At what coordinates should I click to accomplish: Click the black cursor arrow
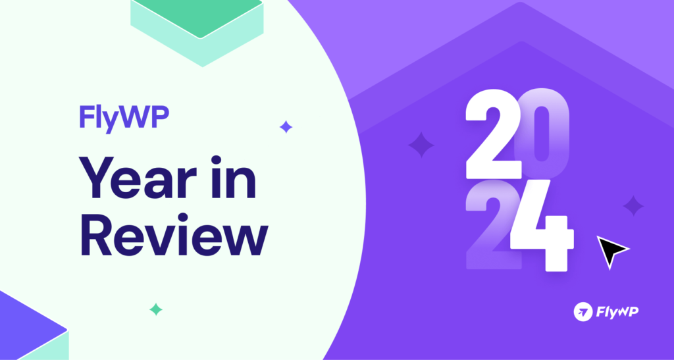[611, 251]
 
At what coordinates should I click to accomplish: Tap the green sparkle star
[156, 308]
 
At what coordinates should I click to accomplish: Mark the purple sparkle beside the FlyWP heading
[286, 127]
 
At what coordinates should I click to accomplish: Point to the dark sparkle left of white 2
[421, 144]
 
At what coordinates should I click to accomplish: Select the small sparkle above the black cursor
[633, 206]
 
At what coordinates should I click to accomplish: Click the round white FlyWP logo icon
[582, 311]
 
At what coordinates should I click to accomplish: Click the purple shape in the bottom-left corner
[26, 326]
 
